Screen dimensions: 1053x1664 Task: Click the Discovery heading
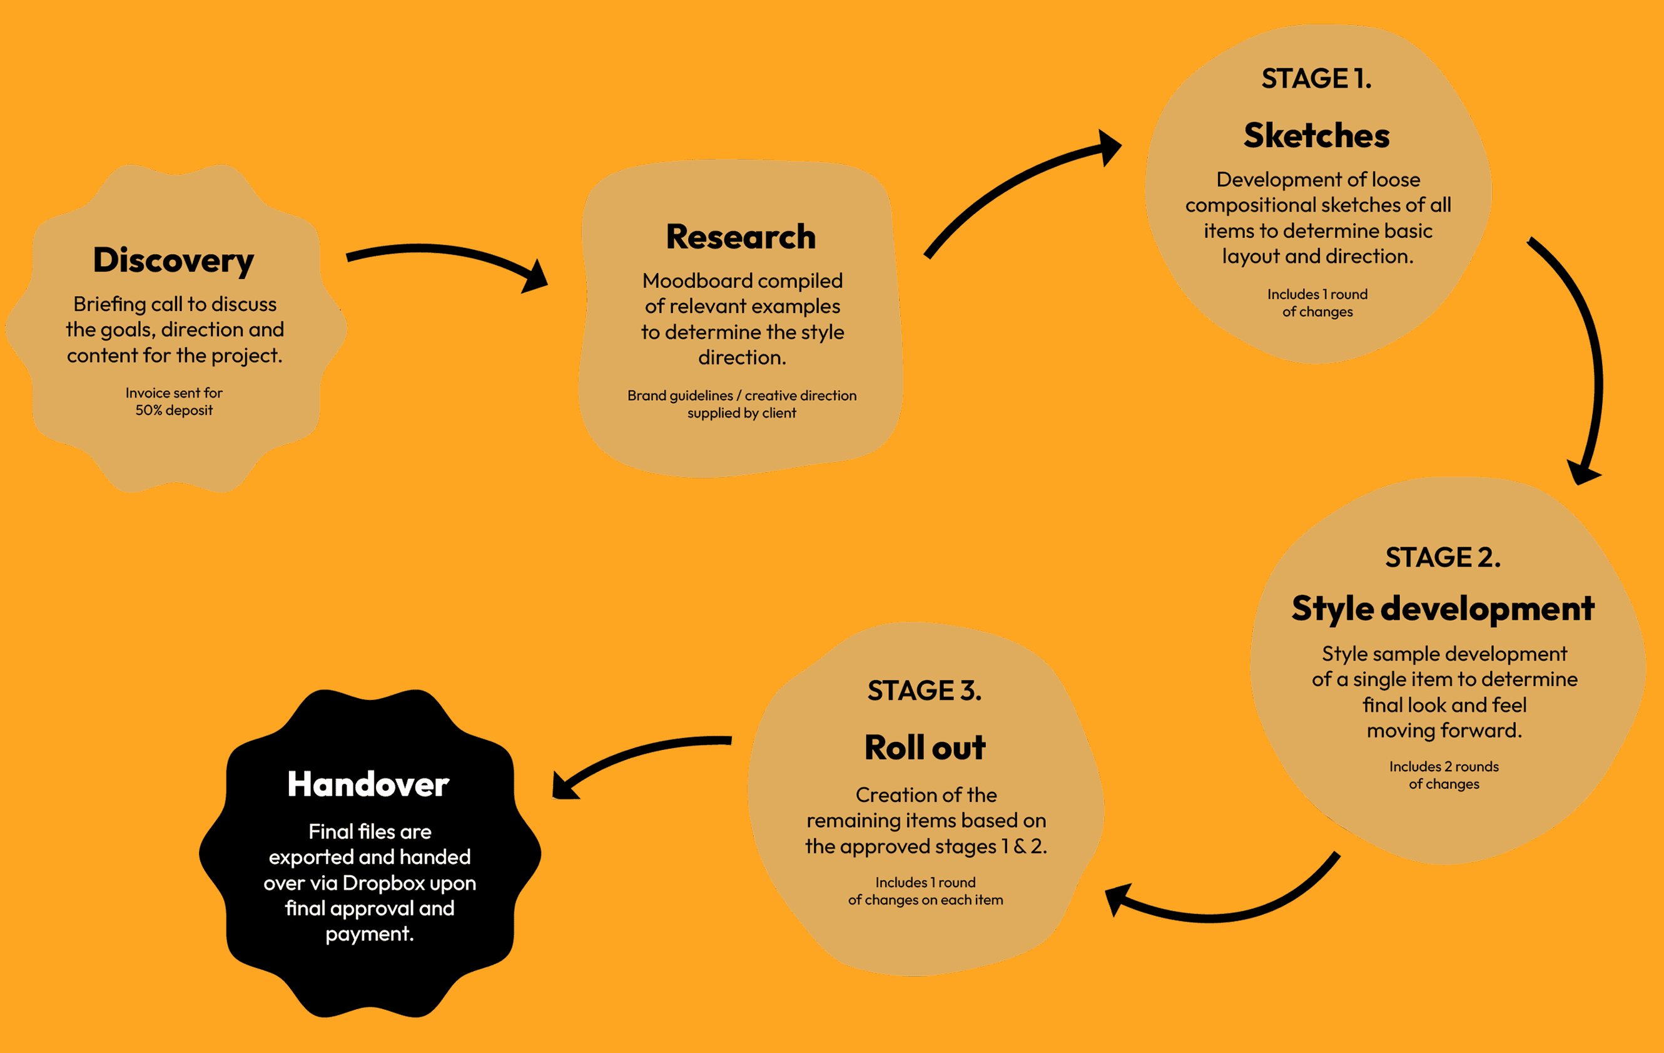point(173,260)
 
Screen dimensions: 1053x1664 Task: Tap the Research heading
point(741,237)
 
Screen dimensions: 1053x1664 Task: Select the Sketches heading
point(1316,135)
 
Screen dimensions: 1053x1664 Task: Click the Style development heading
point(1443,609)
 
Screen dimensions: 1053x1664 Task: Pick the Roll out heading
point(925,747)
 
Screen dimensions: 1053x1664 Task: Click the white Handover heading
point(368,784)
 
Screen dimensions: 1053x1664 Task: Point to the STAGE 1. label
point(1316,78)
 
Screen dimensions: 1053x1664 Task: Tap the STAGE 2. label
point(1443,557)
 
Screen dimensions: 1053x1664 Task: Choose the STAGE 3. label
point(925,691)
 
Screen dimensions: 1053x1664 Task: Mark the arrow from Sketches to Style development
point(1583,346)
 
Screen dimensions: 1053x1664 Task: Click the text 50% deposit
point(174,410)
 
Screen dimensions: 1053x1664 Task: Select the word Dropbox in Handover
point(383,883)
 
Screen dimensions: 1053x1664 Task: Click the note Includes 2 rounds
point(1444,766)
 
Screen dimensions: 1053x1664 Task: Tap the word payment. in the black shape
point(370,934)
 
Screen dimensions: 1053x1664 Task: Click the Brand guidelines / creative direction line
point(741,396)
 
